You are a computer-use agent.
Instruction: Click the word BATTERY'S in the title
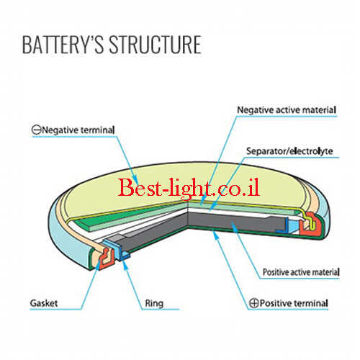tap(63, 45)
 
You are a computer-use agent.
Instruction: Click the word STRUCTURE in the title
tap(156, 45)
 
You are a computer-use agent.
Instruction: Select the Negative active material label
tap(287, 110)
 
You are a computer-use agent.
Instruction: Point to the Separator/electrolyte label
tap(289, 151)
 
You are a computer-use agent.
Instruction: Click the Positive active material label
tap(301, 272)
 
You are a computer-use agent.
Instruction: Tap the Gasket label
tap(44, 303)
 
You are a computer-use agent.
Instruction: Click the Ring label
tap(154, 304)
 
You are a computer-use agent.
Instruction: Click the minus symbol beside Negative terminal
tap(37, 130)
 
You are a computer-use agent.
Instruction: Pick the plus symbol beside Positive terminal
tap(254, 303)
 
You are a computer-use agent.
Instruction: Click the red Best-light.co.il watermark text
tap(189, 188)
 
